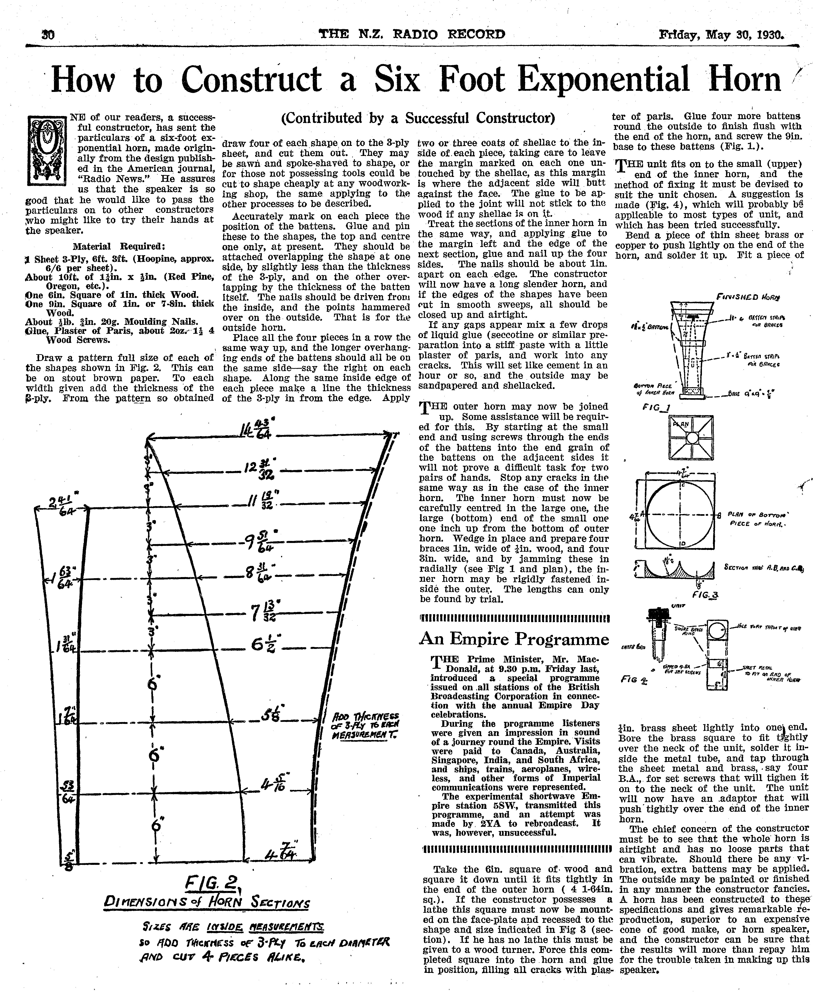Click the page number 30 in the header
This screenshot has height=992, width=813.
click(48, 35)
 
